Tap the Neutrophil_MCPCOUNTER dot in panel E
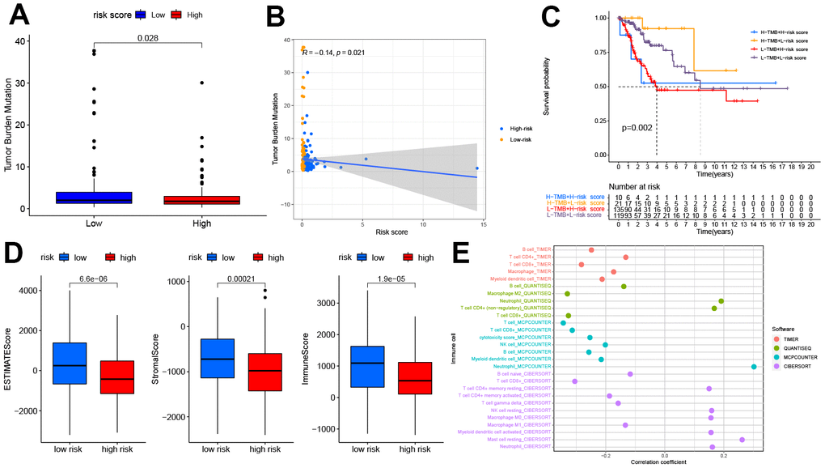click(754, 367)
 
